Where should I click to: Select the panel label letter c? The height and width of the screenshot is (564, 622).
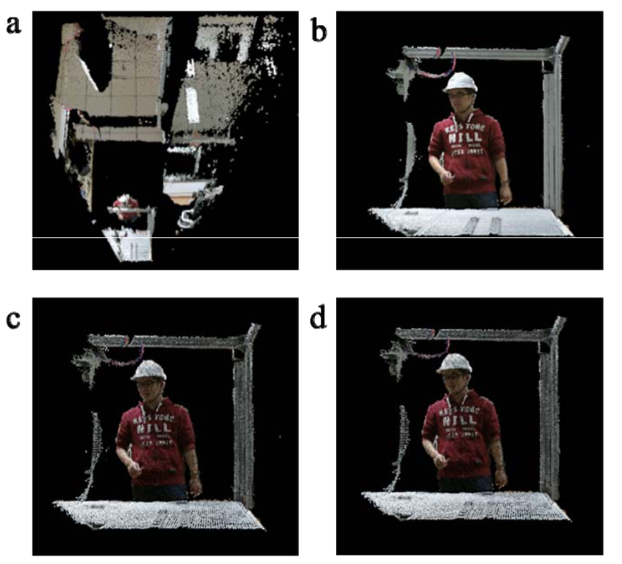(x=13, y=316)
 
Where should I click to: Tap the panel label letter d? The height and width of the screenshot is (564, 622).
(x=320, y=316)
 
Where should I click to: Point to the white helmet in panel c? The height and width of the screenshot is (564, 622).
(x=149, y=370)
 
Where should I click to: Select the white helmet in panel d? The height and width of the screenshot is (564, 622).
(x=454, y=363)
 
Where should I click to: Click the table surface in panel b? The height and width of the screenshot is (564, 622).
(x=470, y=222)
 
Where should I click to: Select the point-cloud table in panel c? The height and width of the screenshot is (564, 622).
(x=159, y=515)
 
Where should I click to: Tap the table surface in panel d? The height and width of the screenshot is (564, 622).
(x=463, y=506)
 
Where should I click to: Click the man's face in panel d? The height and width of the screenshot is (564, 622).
(x=453, y=384)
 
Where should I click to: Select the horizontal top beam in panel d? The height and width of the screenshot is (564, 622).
(x=470, y=334)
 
